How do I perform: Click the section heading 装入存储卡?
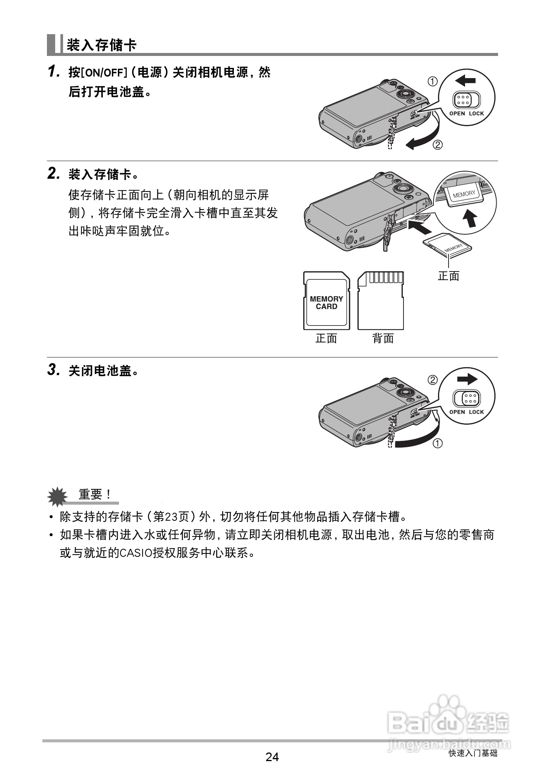[101, 45]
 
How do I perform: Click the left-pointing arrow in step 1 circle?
[465, 80]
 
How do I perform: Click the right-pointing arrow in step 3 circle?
[467, 380]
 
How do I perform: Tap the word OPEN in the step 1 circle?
[457, 113]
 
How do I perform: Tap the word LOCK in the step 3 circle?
[476, 412]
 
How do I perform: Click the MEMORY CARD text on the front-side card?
[326, 303]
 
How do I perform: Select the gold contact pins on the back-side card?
[385, 278]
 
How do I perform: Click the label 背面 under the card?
[383, 339]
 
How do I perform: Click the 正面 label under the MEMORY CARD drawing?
[326, 339]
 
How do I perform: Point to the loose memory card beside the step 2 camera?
[447, 246]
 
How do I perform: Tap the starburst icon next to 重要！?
[57, 496]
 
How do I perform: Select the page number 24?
[272, 757]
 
